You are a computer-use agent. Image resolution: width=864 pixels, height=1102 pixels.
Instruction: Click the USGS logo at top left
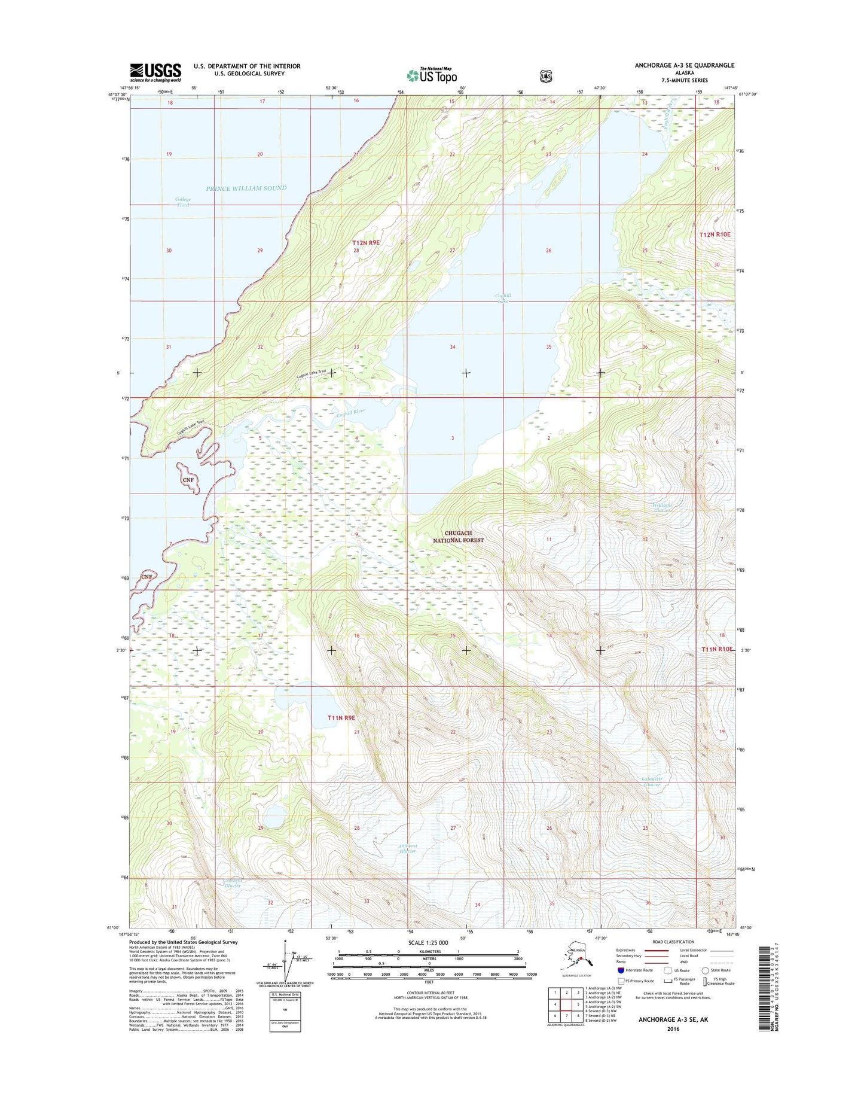point(155,72)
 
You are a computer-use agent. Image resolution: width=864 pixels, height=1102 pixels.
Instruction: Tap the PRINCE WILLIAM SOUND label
point(246,188)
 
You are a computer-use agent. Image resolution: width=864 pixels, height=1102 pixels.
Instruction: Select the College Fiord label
point(183,202)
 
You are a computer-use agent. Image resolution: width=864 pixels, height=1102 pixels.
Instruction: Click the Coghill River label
point(350,412)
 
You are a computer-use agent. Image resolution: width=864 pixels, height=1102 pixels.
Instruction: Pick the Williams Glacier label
point(662,508)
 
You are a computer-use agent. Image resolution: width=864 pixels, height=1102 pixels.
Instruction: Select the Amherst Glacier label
point(407,848)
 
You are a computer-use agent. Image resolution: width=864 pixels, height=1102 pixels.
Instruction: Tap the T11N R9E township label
point(341,717)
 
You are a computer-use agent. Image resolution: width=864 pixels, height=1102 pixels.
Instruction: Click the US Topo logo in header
point(432,75)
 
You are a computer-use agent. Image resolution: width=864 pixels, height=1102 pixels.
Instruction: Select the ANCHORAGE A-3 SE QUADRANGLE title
point(685,65)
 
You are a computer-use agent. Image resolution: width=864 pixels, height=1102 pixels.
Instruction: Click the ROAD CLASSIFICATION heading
point(673,942)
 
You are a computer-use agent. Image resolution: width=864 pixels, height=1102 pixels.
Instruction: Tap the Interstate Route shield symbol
point(621,970)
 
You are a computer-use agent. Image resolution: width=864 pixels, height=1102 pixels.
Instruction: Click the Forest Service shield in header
point(545,76)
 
